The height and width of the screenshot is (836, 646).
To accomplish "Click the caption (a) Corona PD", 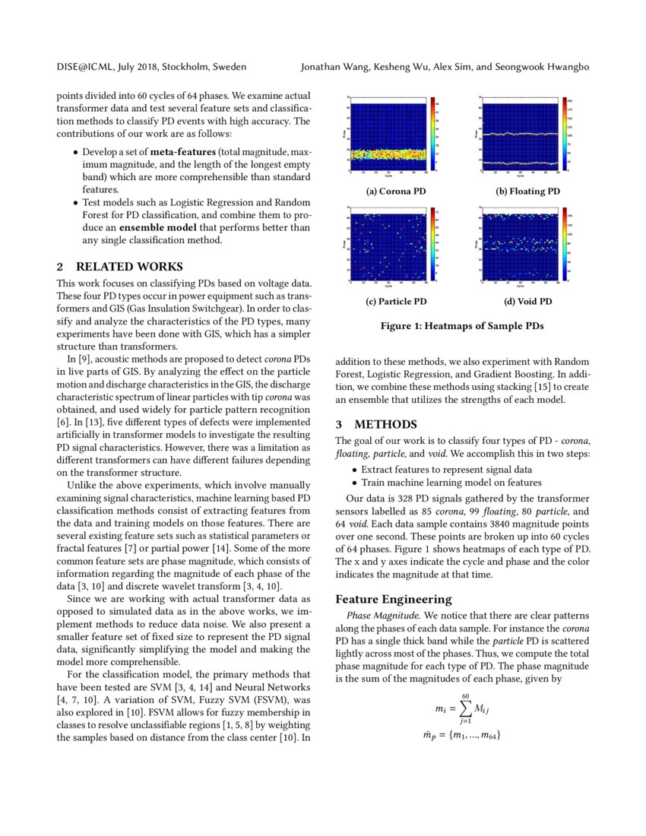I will point(396,192).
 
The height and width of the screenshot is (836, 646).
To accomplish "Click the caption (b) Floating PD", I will point(527,192).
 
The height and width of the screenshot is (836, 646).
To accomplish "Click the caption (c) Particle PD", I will point(396,302).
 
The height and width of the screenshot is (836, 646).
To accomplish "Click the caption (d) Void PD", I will point(527,302).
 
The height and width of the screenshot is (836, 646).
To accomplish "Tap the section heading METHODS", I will point(385,423).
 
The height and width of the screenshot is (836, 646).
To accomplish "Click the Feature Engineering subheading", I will point(393,599).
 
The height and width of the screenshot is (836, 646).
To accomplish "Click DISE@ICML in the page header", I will point(84,67).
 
